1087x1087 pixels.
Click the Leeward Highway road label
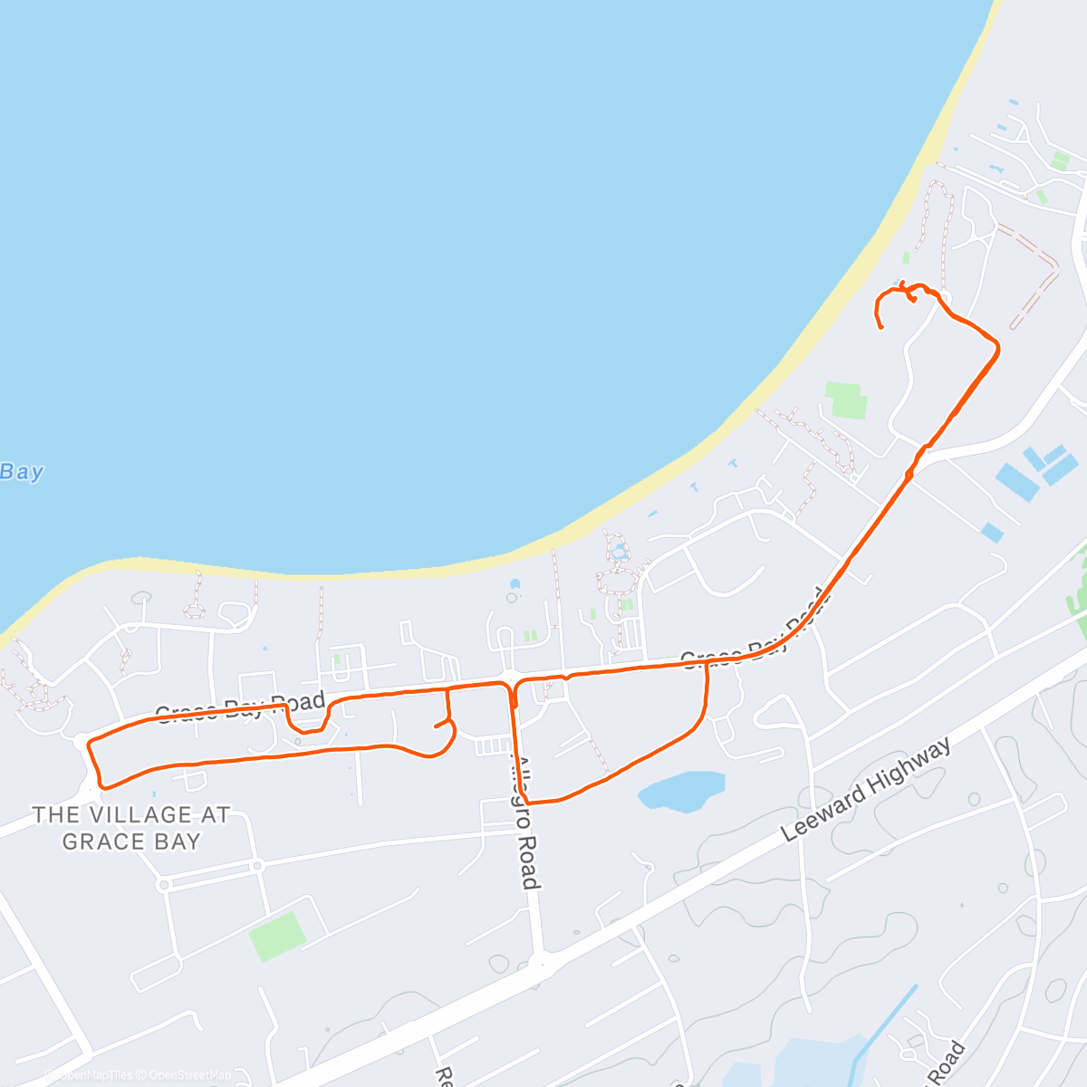[867, 789]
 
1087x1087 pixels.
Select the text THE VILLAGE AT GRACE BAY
[130, 828]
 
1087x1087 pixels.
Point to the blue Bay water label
[22, 472]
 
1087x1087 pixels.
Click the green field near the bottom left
[276, 936]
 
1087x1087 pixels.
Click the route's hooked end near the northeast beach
[880, 324]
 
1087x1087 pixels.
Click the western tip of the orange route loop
[89, 745]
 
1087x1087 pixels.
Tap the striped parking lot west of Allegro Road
[494, 746]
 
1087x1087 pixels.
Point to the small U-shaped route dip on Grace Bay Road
[307, 722]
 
